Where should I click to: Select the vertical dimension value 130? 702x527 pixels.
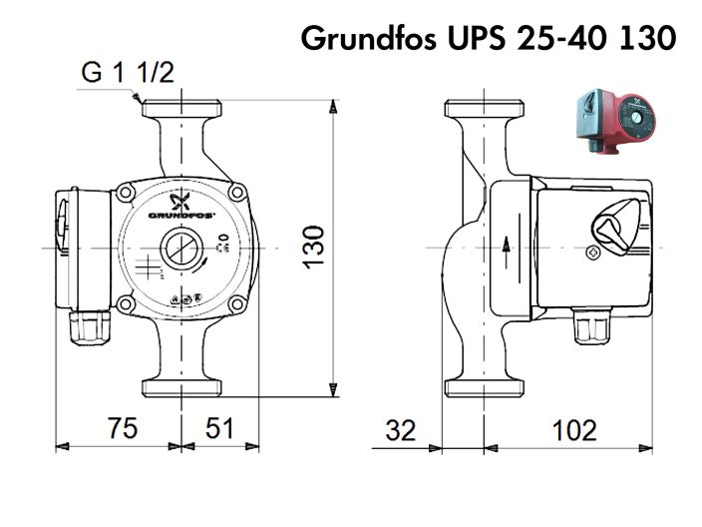tap(313, 247)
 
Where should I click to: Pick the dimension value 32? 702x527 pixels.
tap(400, 430)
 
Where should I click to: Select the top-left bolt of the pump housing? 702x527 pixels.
tap(126, 189)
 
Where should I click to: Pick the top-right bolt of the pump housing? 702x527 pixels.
tap(237, 189)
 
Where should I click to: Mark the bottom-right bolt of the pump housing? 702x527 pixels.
tap(237, 303)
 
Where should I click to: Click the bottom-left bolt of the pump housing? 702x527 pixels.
tap(126, 303)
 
